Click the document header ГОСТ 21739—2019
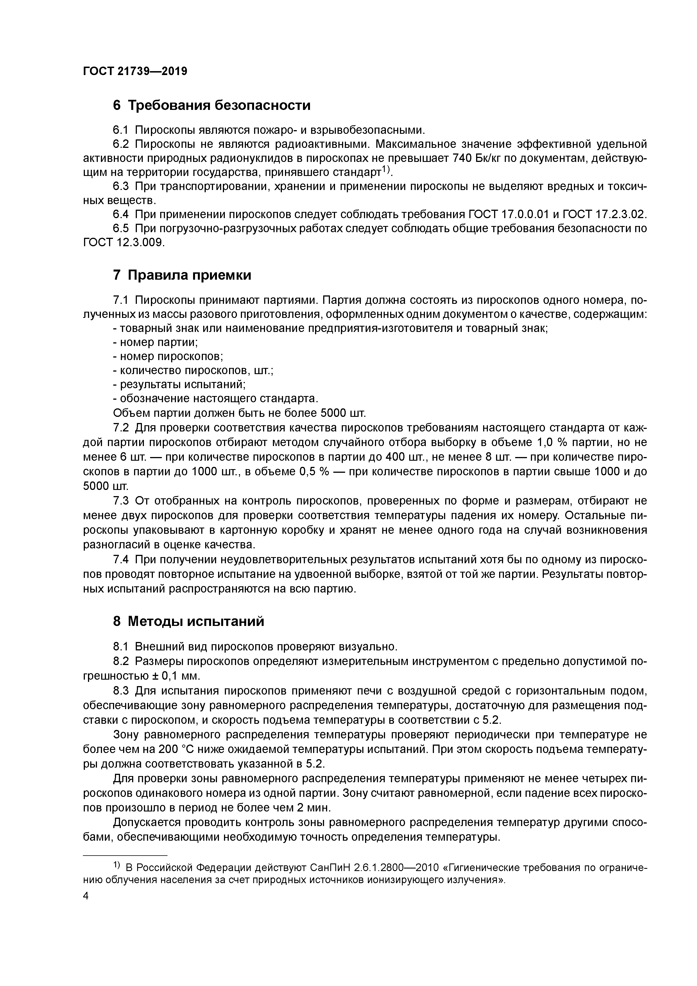click(135, 71)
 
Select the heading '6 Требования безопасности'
click(211, 105)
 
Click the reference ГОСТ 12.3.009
click(123, 243)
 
